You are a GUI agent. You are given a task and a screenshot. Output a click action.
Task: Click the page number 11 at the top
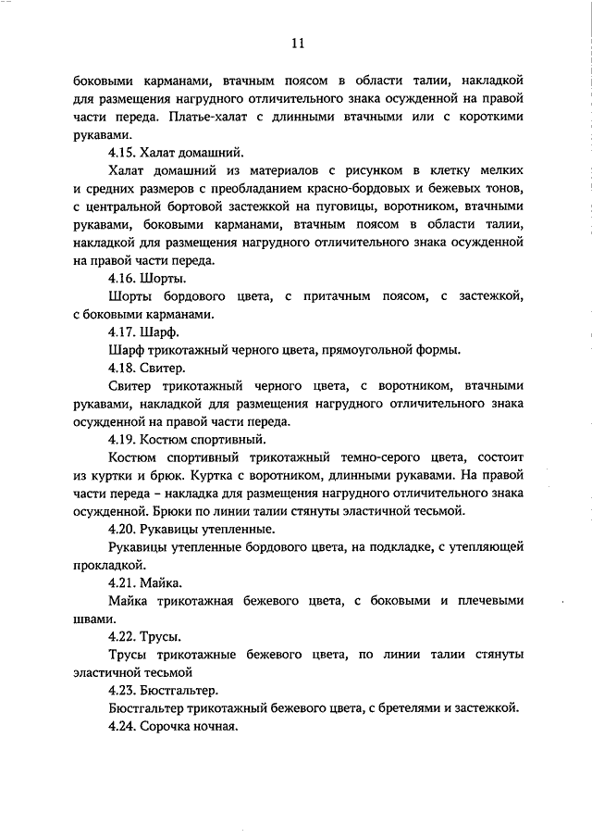click(x=297, y=43)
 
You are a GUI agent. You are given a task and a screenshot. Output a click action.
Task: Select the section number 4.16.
click(x=123, y=279)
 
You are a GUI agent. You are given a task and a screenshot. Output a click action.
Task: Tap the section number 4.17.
click(x=123, y=331)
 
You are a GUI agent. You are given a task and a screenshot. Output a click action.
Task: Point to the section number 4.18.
click(x=123, y=368)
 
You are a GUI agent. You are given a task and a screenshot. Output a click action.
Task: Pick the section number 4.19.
click(x=123, y=439)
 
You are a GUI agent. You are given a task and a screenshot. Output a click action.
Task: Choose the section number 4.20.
click(x=123, y=529)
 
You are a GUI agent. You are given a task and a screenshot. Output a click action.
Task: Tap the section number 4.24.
click(x=123, y=727)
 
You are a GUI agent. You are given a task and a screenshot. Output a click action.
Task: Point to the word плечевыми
click(x=478, y=601)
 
